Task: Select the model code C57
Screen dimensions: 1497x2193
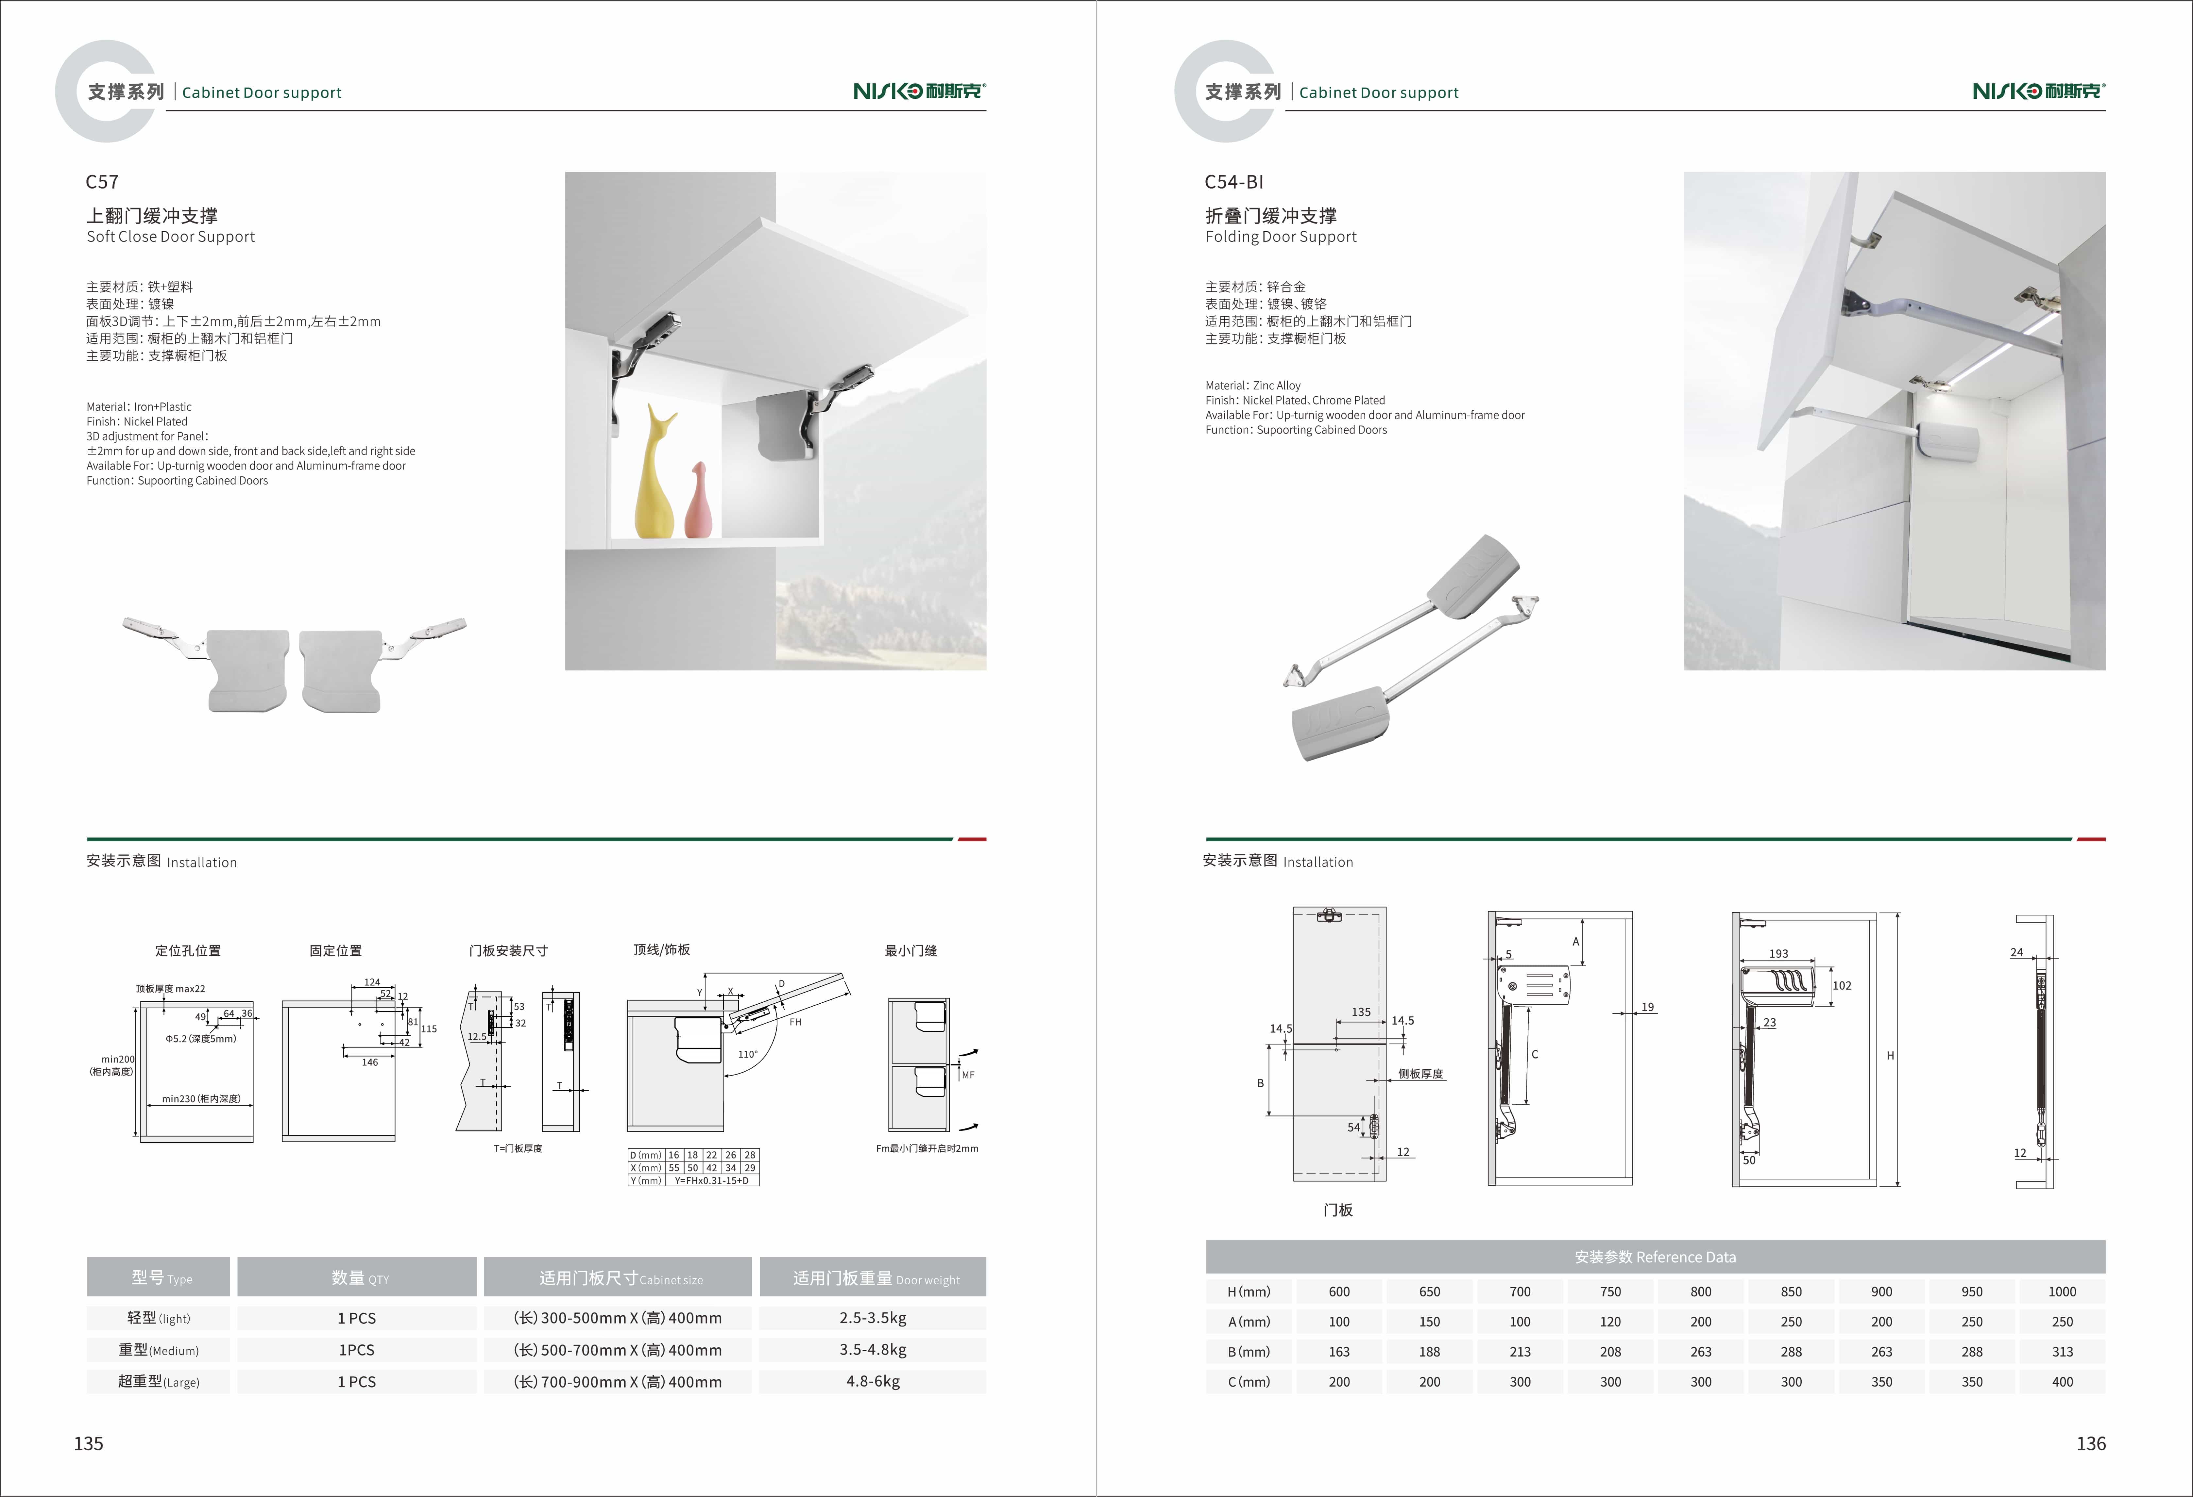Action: pos(102,182)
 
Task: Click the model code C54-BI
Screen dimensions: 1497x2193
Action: pos(1233,182)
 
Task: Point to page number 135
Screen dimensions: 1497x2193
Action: pos(89,1443)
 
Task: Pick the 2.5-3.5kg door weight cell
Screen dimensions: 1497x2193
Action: pos(873,1318)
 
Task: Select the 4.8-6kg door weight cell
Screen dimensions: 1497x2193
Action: pos(873,1381)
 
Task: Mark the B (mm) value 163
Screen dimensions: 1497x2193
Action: pos(1339,1352)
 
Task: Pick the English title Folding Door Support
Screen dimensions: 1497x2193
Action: pos(1281,237)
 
